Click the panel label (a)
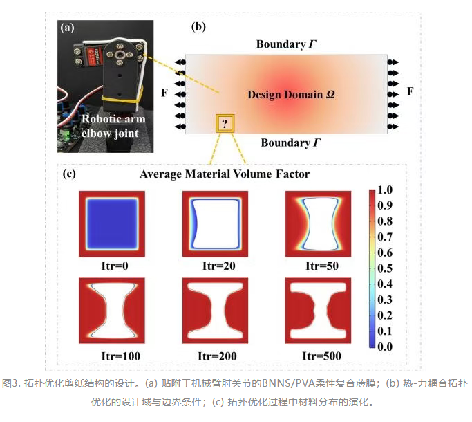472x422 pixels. [67, 28]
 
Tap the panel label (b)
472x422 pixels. [198, 27]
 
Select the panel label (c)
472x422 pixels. [69, 174]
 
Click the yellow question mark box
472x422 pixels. [225, 123]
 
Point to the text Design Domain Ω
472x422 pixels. [291, 95]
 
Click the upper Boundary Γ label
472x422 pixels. [286, 44]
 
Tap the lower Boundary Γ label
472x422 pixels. [291, 143]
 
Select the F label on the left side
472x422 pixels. [164, 93]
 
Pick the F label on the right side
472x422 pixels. [410, 91]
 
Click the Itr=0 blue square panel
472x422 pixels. [112, 223]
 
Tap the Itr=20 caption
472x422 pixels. [219, 266]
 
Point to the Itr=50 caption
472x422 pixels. [322, 266]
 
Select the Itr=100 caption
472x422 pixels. [121, 356]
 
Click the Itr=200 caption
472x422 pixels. [217, 356]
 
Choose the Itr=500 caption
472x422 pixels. [321, 356]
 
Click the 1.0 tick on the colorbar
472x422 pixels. [385, 190]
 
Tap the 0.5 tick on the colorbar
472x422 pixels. [385, 268]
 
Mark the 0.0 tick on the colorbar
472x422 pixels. [385, 347]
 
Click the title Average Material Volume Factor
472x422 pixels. [225, 174]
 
